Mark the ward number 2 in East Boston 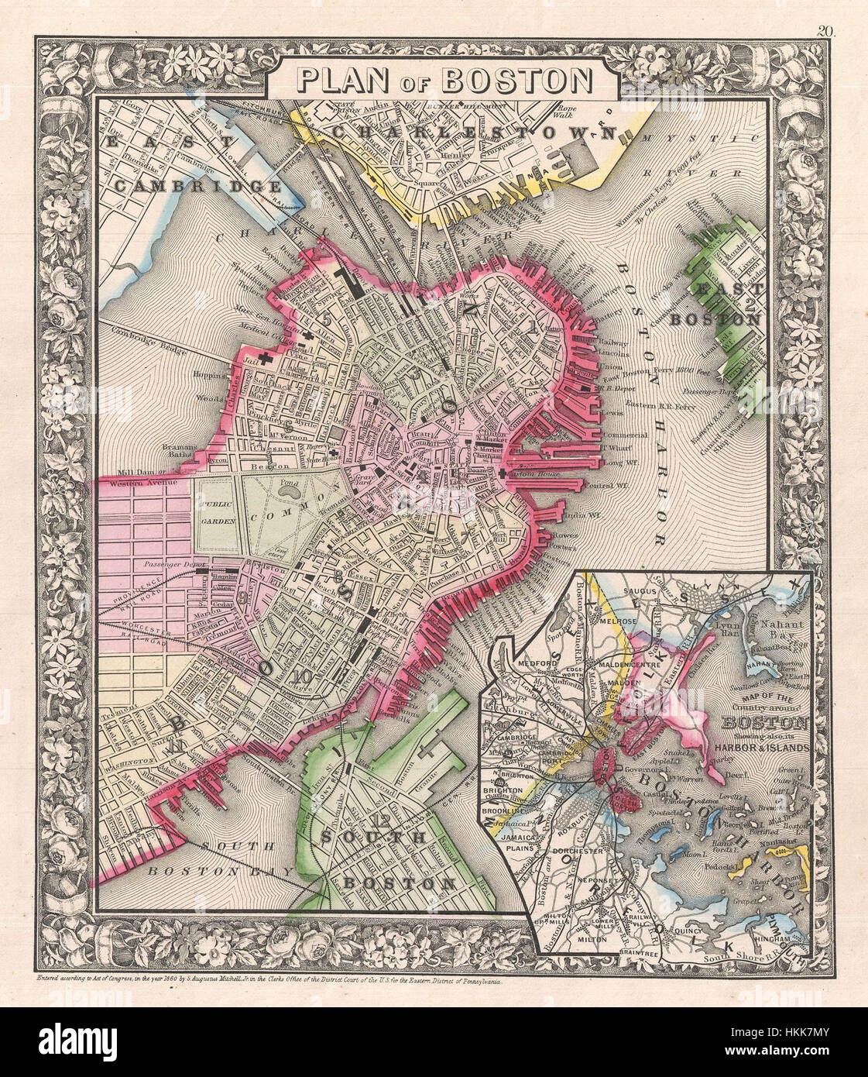pos(749,304)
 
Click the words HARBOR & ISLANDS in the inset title pos(767,748)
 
